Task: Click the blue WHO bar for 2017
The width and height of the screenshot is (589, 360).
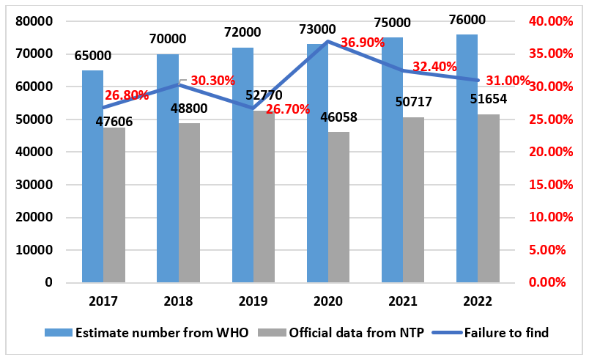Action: click(92, 176)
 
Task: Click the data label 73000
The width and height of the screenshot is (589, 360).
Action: click(317, 29)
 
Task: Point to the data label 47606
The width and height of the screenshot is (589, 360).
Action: click(114, 121)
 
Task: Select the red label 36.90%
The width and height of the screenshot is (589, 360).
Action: click(363, 43)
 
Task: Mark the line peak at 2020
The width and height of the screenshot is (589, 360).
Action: click(328, 41)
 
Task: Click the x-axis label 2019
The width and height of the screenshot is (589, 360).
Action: click(253, 301)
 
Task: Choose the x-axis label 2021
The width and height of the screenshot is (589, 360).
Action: click(403, 301)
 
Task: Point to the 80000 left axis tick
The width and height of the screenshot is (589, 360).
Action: click(35, 21)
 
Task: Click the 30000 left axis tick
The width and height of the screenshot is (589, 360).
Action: click(35, 185)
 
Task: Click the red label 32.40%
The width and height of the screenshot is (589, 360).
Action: click(434, 67)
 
